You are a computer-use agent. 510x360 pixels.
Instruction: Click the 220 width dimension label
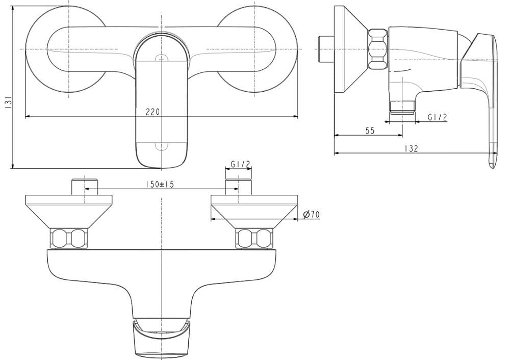[153, 112]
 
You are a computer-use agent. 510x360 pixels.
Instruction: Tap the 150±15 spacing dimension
[160, 185]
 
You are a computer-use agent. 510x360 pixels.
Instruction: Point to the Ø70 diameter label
[311, 215]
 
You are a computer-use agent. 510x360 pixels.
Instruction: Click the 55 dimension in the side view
[370, 131]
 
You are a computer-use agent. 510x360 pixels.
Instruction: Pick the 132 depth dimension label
[411, 148]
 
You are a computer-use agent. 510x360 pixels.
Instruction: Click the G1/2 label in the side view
[437, 117]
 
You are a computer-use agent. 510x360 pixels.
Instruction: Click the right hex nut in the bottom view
[253, 238]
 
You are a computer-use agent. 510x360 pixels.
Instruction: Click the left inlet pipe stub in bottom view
[85, 187]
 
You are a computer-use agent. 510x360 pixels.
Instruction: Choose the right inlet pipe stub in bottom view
[238, 187]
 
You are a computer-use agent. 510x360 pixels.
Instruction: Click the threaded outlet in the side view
[402, 107]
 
